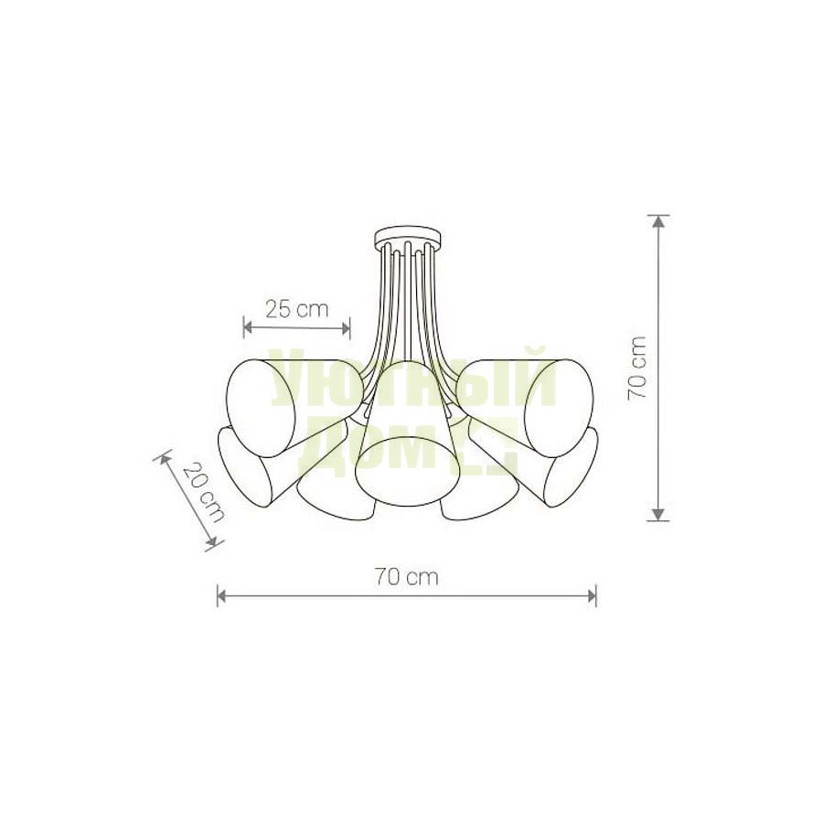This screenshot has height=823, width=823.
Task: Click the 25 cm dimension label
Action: (296, 310)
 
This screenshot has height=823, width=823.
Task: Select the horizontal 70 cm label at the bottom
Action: (406, 577)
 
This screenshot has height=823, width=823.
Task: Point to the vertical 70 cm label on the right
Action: (637, 369)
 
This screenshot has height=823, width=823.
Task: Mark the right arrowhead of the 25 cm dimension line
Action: (345, 328)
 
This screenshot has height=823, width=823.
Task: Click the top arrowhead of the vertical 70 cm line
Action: (658, 220)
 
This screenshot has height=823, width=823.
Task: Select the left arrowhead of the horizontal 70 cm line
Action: (222, 595)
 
